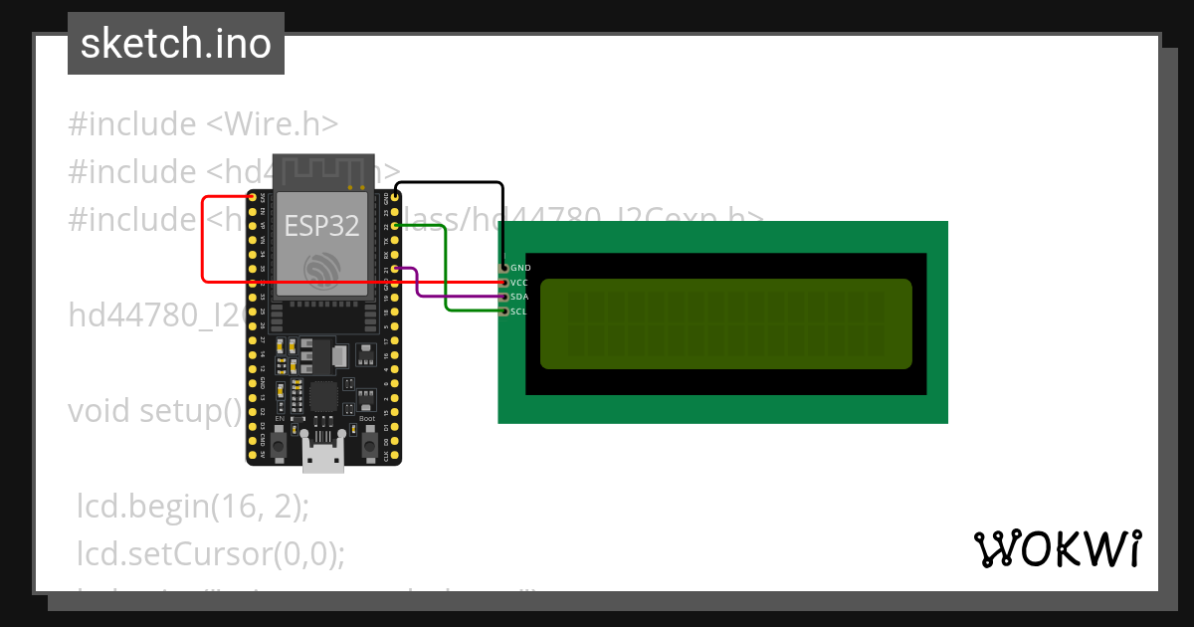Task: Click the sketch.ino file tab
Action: coord(175,44)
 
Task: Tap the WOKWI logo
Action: coord(1057,548)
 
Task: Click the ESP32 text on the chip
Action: coord(321,226)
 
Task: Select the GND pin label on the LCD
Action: coord(520,268)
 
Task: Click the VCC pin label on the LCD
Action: coord(519,283)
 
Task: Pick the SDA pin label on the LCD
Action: coord(519,297)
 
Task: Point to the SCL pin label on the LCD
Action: coord(518,312)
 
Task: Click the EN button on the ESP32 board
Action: coord(280,439)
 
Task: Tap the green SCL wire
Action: coord(446,269)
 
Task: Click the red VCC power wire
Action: coord(203,239)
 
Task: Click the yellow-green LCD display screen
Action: coord(725,323)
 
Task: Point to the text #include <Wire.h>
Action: coord(203,124)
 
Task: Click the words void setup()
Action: coord(154,410)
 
